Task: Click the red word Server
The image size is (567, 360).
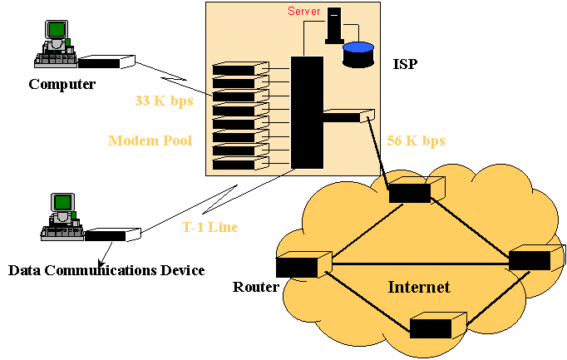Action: (x=304, y=11)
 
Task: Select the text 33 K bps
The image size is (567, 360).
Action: (x=164, y=101)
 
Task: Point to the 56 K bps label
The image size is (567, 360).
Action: (x=416, y=141)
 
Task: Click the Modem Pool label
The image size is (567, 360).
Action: (x=150, y=141)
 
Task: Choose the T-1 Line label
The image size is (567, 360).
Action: (x=210, y=227)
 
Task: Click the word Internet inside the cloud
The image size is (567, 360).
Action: (x=419, y=288)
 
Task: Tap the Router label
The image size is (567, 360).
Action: (x=254, y=287)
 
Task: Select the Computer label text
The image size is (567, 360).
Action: (x=62, y=84)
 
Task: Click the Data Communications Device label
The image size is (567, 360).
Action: (x=106, y=270)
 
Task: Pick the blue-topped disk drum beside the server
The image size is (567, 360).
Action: (x=358, y=54)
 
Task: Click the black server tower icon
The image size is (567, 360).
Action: (x=334, y=24)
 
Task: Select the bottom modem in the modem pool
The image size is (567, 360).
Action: (x=235, y=164)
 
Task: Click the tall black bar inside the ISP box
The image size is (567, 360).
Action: (x=307, y=111)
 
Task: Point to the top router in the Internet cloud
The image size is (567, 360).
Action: (x=412, y=190)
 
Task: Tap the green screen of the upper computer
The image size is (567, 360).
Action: (x=57, y=30)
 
